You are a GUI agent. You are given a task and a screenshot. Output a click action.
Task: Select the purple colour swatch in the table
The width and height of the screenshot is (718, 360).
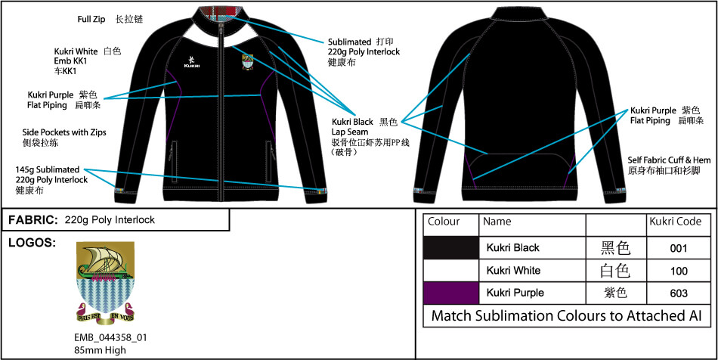(451, 292)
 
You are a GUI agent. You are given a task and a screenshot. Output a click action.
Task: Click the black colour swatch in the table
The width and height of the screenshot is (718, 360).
(451, 247)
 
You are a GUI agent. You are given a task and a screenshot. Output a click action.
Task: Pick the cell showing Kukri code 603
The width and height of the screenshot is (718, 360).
(678, 293)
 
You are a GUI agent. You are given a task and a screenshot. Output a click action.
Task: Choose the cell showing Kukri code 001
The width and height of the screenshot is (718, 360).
(678, 248)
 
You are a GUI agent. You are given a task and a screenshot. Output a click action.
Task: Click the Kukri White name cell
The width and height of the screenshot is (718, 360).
(512, 270)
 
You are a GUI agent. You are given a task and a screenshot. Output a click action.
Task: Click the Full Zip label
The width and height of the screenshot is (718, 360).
(91, 17)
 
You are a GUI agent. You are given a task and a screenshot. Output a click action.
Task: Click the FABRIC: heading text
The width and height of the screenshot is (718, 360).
(32, 220)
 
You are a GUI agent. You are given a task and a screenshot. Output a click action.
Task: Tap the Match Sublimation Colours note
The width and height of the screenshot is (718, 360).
(566, 315)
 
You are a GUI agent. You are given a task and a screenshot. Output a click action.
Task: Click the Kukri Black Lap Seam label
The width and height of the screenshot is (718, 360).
(353, 126)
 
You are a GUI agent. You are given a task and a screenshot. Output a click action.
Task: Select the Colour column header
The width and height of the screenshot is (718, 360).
(444, 222)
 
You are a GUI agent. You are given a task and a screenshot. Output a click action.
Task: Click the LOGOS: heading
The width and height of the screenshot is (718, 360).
(30, 243)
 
